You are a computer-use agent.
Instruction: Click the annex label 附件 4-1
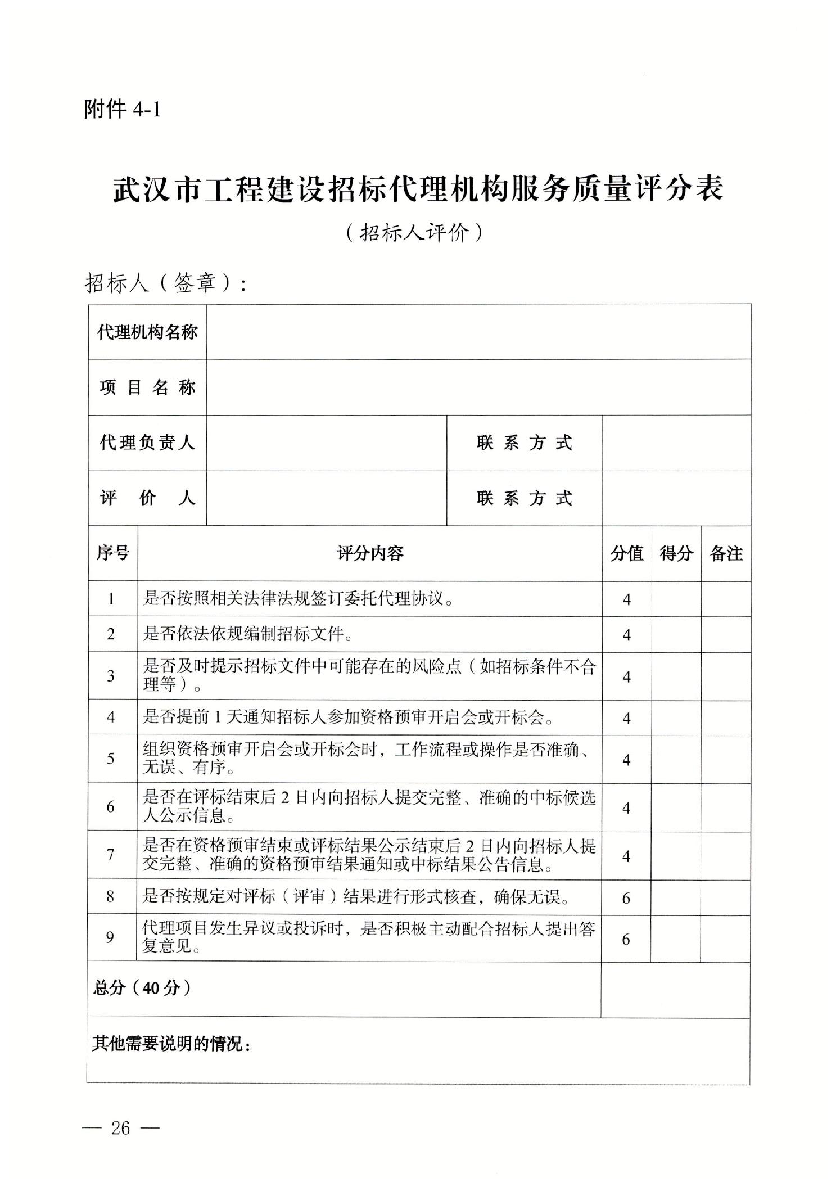[x=122, y=109]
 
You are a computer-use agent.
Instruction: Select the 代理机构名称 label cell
[x=147, y=332]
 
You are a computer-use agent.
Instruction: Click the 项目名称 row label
[x=147, y=387]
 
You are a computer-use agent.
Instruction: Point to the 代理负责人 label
[x=147, y=443]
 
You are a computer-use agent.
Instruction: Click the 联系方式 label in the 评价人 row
[x=524, y=498]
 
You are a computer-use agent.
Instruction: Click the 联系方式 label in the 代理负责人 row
[x=524, y=443]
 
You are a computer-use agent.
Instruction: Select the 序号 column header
[x=112, y=553]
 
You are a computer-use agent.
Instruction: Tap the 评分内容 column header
[x=369, y=553]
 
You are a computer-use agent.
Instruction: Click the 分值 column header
[x=627, y=553]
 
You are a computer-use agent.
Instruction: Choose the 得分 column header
[x=676, y=553]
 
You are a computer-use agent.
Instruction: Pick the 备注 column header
[x=726, y=553]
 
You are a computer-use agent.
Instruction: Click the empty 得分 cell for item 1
[x=676, y=599]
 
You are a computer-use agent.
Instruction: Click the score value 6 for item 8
[x=626, y=898]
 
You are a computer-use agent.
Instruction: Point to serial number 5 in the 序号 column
[x=111, y=759]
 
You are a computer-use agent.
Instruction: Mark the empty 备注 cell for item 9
[x=725, y=939]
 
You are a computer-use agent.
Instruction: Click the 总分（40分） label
[x=142, y=988]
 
